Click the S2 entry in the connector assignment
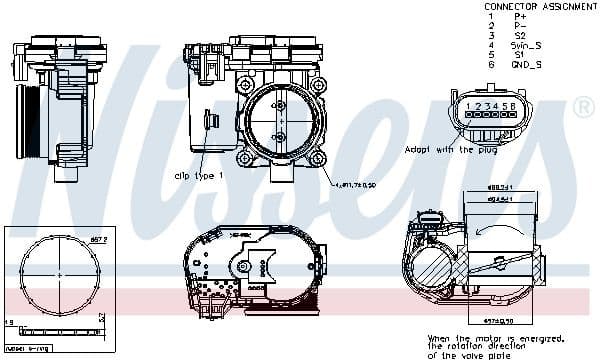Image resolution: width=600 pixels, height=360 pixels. click(520, 36)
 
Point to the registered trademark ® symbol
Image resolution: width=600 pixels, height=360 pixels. click(581, 106)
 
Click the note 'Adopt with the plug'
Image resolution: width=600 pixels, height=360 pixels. click(450, 149)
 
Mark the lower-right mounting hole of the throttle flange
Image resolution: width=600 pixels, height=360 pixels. click(316, 158)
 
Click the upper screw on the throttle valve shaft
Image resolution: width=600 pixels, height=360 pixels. click(278, 107)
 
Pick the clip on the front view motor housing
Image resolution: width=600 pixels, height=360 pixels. click(207, 122)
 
